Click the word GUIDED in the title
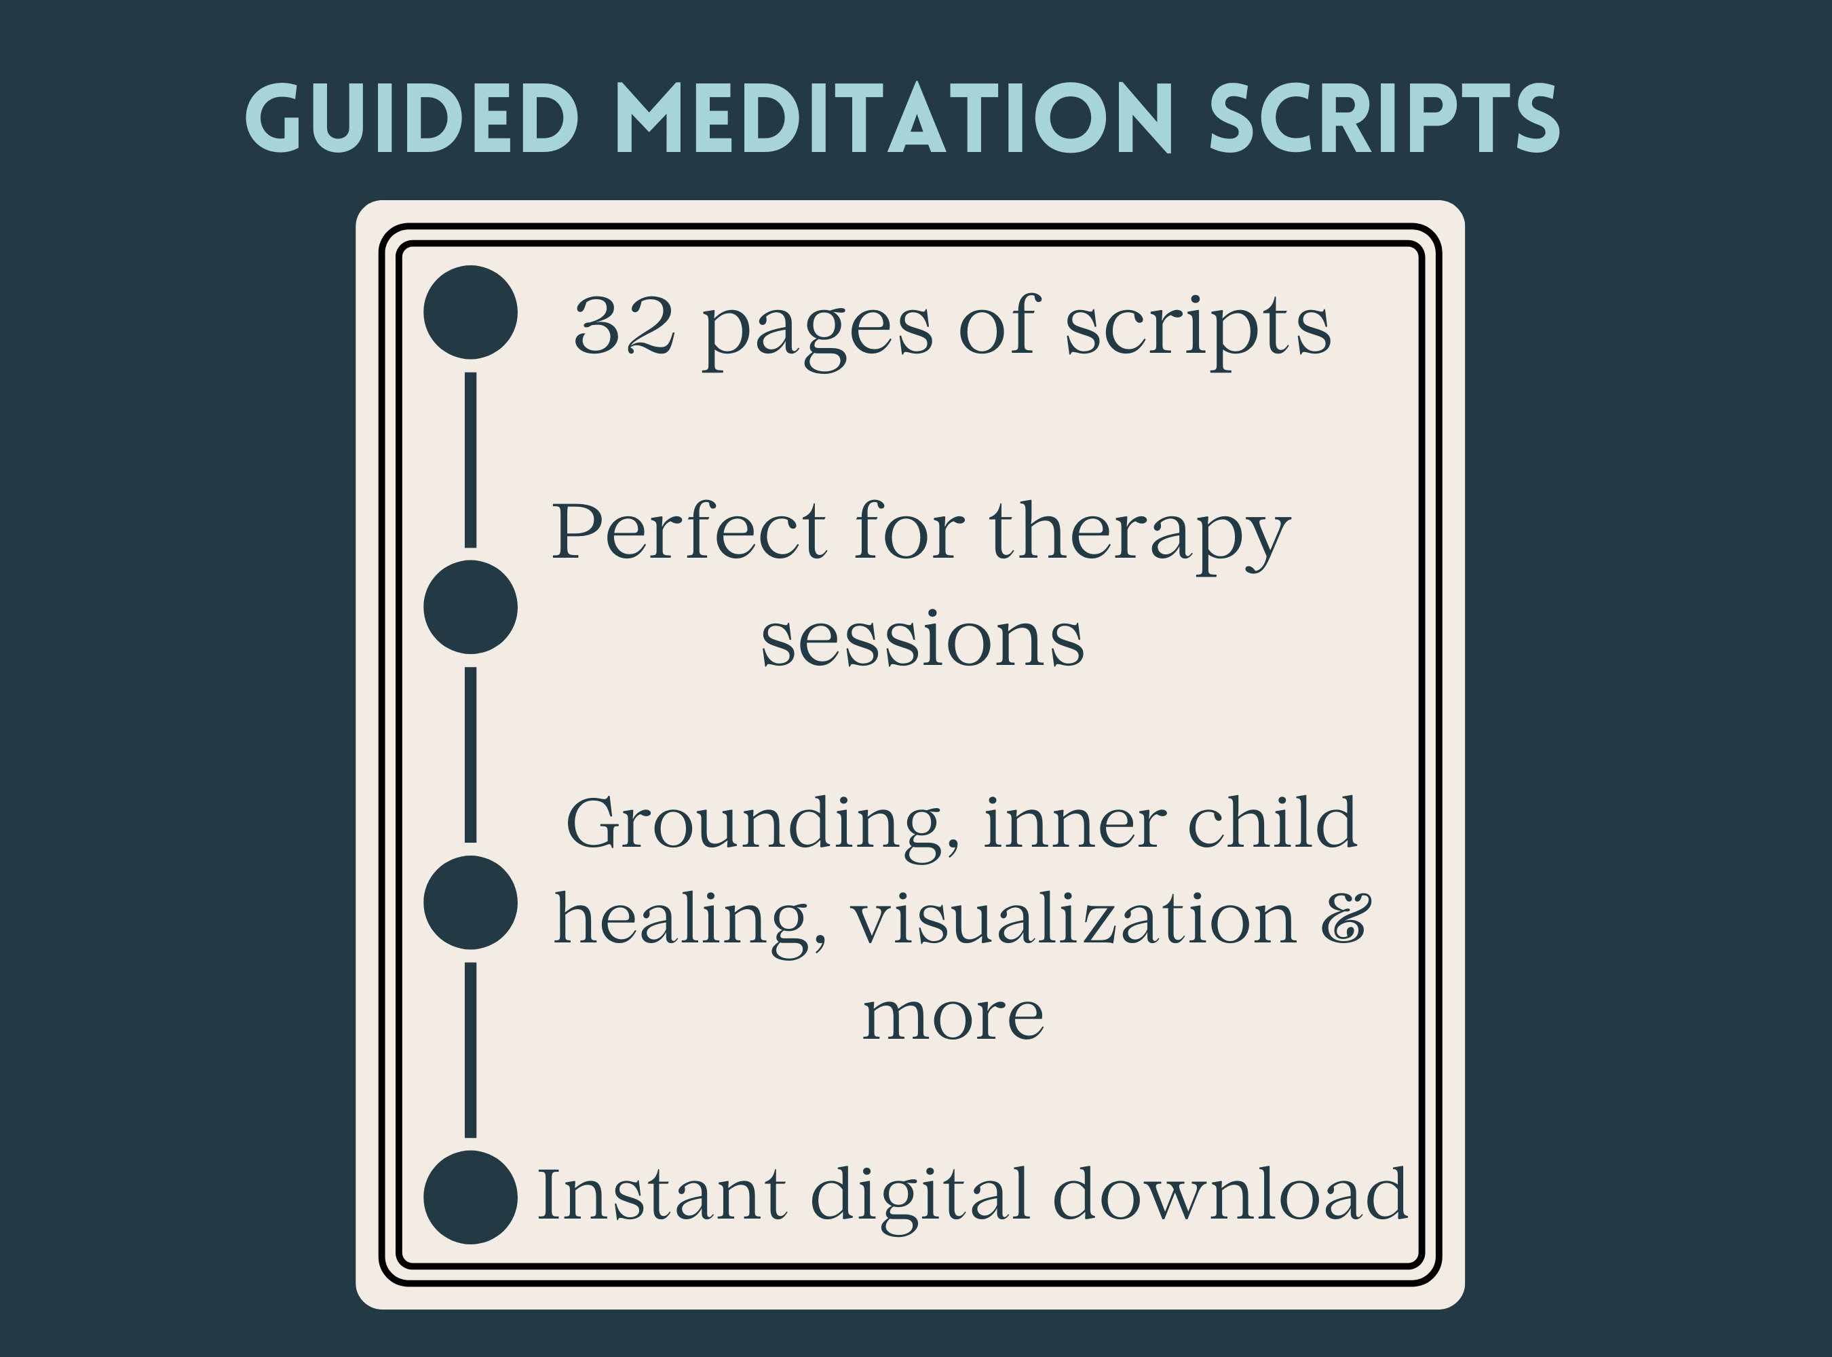pyautogui.click(x=413, y=119)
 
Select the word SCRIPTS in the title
pyautogui.click(x=1384, y=119)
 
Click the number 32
pyautogui.click(x=624, y=326)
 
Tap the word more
pyautogui.click(x=953, y=1017)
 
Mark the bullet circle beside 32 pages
pyautogui.click(x=470, y=312)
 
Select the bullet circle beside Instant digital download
pyautogui.click(x=470, y=1198)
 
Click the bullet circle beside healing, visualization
pyautogui.click(x=470, y=903)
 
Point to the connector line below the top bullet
pyautogui.click(x=470, y=460)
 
